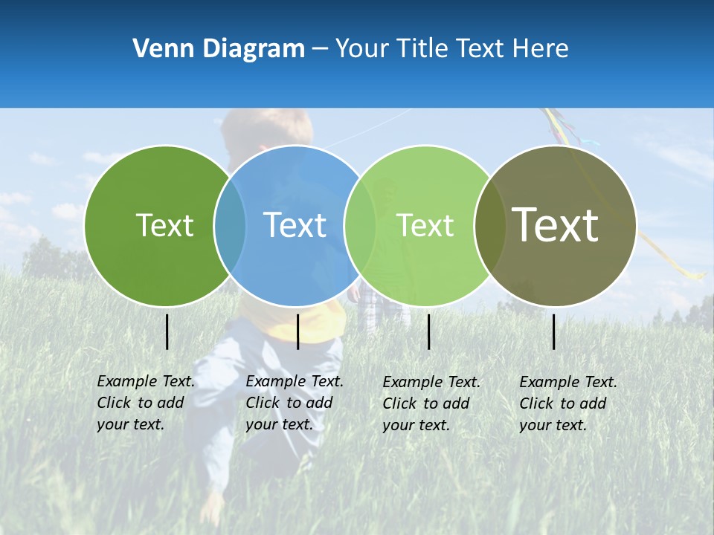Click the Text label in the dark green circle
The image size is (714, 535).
164,225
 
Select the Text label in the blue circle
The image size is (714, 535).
295,225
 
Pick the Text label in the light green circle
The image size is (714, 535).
425,225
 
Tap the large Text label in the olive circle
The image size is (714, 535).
556,224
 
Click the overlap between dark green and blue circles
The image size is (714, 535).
230,225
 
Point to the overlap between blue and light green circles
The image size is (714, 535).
360,225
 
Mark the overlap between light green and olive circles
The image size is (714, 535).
489,225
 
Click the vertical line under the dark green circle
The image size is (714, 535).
167,331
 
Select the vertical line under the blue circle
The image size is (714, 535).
297,331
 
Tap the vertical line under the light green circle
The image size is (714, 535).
428,331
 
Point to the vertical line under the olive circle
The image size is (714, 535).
553,331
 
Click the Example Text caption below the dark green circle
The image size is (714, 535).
146,403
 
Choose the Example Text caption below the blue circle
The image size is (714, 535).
295,403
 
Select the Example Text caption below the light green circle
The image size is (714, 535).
431,403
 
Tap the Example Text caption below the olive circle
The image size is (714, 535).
568,403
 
